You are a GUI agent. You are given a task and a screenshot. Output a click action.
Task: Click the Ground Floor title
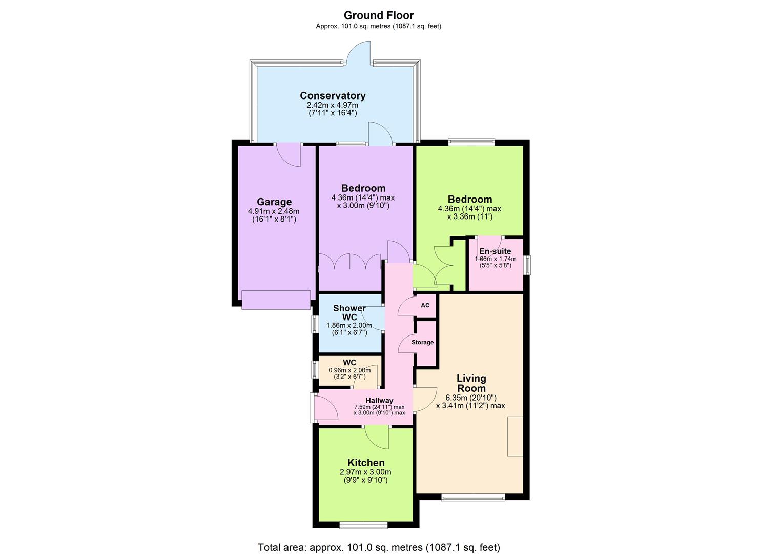pos(378,15)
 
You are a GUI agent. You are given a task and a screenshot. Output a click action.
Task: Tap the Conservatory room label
pos(333,96)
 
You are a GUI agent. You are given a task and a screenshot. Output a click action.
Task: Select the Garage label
pos(274,202)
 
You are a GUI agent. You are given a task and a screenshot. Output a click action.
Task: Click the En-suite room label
pos(495,251)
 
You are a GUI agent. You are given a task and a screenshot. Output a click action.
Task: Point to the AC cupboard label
pos(425,305)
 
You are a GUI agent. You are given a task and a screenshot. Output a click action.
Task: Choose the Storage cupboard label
pos(422,342)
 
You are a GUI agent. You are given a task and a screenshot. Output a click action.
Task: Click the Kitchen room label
pos(366,463)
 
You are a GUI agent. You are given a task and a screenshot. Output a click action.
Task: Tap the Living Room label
pos(471,383)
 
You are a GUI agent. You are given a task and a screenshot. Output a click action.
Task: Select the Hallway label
pos(379,401)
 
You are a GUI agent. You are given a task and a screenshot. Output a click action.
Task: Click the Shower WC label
pos(349,312)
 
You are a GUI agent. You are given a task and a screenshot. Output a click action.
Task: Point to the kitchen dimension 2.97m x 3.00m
pos(365,472)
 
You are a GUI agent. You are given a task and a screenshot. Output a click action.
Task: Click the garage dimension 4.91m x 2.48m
pos(274,211)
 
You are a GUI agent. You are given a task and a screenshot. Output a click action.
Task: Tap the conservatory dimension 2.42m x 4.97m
pos(333,105)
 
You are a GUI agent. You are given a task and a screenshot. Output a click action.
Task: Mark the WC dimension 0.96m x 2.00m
pos(349,370)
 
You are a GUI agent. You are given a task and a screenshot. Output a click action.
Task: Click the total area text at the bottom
pos(379,547)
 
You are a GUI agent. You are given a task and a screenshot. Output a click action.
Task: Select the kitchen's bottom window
pos(364,525)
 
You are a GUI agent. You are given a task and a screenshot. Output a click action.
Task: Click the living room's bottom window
pos(473,497)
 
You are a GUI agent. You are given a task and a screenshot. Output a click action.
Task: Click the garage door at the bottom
pos(276,300)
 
